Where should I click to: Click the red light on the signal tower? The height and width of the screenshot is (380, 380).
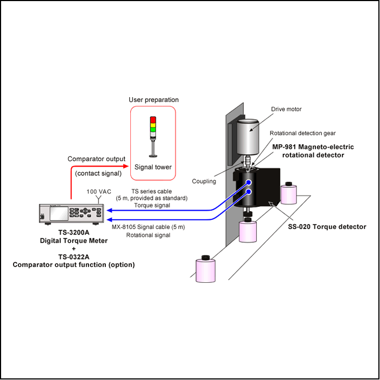click(153, 120)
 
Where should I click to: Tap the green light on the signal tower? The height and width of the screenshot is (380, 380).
click(153, 129)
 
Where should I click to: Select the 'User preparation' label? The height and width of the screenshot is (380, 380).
click(154, 100)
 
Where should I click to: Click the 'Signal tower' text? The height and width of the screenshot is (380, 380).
click(153, 167)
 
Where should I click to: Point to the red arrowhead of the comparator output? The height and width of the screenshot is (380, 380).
click(126, 166)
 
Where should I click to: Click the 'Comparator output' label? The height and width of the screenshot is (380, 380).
click(97, 159)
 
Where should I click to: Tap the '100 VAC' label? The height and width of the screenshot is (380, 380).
click(99, 192)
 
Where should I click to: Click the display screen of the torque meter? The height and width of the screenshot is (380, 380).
click(59, 213)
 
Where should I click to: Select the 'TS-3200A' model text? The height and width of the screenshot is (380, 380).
click(74, 232)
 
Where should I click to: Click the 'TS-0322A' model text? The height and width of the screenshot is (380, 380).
click(74, 257)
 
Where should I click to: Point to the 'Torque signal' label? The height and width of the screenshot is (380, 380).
click(152, 206)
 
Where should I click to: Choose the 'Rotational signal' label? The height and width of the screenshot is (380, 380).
click(148, 235)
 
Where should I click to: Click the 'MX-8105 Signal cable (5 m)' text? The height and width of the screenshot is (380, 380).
click(148, 227)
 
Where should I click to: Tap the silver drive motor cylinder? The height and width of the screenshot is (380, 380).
click(248, 137)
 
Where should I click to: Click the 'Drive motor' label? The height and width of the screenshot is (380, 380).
click(286, 109)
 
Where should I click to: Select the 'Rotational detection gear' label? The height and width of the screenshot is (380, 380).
click(303, 133)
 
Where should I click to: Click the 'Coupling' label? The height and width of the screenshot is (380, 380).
click(204, 181)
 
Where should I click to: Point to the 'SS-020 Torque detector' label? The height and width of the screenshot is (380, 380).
click(327, 227)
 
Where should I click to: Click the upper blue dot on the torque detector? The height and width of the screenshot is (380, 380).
click(249, 182)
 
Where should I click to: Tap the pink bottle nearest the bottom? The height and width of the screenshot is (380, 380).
click(206, 269)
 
